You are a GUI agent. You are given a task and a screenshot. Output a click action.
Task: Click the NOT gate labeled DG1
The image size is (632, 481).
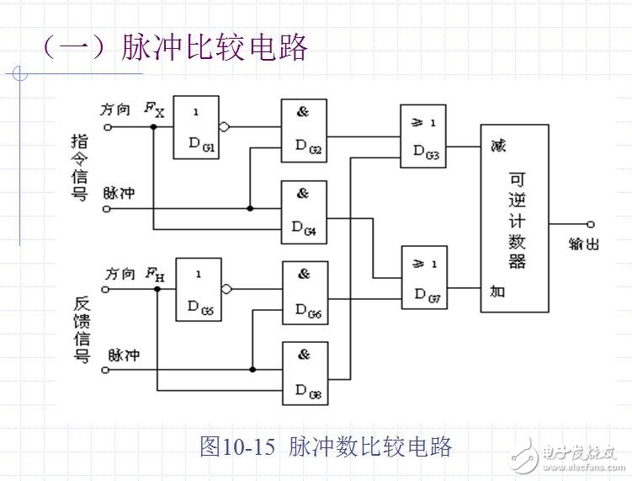pos(196,127)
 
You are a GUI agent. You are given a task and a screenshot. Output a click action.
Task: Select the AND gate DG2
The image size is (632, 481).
pos(304,131)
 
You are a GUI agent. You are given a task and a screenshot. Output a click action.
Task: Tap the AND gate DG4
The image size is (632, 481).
pos(304,211)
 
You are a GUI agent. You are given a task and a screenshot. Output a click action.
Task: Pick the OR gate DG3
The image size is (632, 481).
pos(423,136)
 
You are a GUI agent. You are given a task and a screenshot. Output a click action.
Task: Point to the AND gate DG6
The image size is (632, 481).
pos(304,292)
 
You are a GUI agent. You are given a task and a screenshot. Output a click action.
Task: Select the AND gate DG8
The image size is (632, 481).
pos(304,372)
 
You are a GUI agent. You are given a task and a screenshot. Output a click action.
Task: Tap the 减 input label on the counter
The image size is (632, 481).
pos(498,147)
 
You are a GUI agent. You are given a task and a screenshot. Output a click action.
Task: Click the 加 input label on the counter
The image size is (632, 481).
pos(498,291)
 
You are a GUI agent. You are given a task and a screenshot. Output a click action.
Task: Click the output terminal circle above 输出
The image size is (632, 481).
pos(591,224)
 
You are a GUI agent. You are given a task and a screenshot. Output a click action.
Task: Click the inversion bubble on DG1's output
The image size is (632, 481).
pos(224,128)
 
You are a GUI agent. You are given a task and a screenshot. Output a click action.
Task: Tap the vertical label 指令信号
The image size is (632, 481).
pos(80,168)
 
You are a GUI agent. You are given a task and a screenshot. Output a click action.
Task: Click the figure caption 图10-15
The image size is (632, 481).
pos(236,446)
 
